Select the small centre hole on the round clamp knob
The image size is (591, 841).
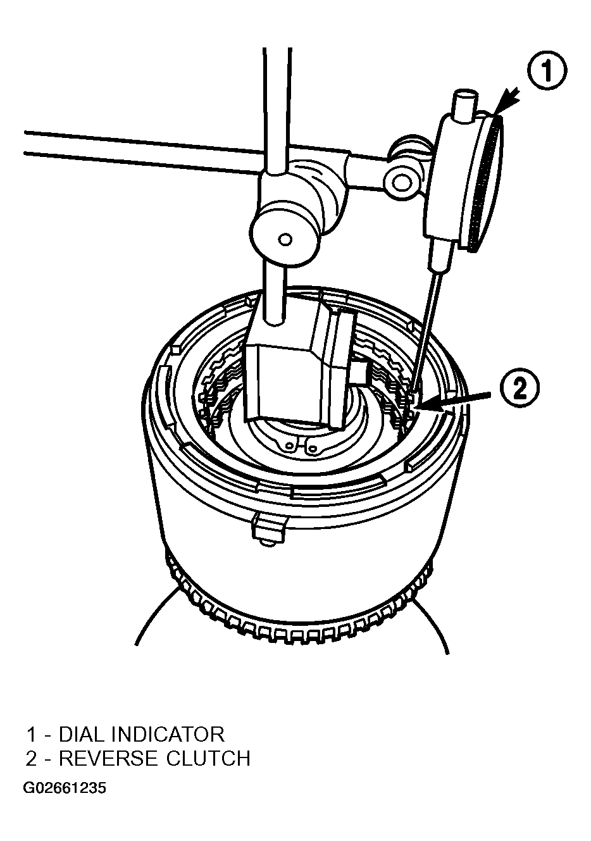tap(285, 239)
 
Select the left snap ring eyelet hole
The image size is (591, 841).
tap(290, 445)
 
